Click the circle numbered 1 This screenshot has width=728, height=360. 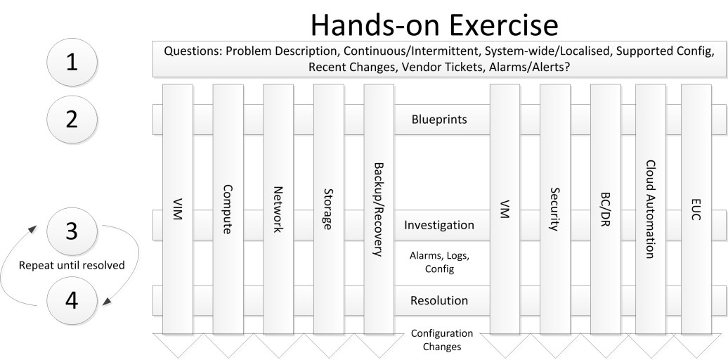pos(71,62)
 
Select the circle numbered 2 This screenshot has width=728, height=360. pos(71,118)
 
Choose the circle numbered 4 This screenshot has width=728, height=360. pos(71,300)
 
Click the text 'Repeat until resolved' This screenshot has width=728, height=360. pos(71,266)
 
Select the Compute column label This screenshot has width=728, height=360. pos(228,209)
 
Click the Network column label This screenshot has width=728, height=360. pos(278,209)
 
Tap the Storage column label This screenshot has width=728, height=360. pos(328,209)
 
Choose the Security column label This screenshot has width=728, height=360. pos(555,209)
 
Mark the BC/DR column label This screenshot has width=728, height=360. pos(605,209)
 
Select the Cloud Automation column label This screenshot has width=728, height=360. pos(651,209)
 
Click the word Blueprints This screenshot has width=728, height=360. pos(439,120)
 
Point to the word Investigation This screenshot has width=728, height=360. pos(439,226)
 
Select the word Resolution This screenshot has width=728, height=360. pos(439,301)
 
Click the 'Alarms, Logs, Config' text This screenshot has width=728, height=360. pos(439,262)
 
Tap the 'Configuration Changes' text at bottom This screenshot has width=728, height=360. pos(442,340)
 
